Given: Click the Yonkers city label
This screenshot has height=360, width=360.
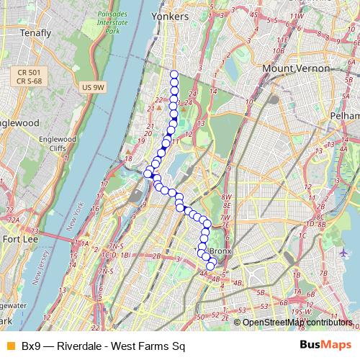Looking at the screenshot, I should coord(171,16).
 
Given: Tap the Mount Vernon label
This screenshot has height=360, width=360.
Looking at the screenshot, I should coord(297,68).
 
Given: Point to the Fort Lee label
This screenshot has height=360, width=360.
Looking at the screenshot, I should coord(21,238).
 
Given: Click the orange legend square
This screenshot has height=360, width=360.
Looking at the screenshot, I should coord(10,346).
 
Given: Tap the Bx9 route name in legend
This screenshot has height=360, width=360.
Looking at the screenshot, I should coord(31,346).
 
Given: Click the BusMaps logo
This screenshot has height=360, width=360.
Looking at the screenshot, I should coord(326,346).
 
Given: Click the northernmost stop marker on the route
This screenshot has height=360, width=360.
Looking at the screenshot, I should coord(174,74).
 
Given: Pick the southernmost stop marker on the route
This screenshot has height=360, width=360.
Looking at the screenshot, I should coord(210,266).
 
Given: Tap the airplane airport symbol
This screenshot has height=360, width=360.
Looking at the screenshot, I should coord(343,253).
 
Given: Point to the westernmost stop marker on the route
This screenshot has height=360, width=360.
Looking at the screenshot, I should coord(148,173).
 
